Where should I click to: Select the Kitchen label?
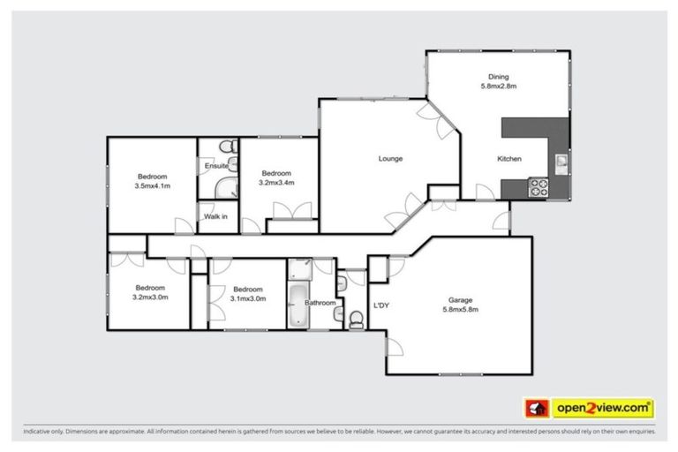click(x=509, y=159)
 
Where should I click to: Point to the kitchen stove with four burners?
click(x=538, y=187)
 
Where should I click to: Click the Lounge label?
click(x=390, y=159)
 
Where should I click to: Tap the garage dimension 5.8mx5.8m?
click(x=460, y=310)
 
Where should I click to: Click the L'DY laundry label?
click(x=381, y=305)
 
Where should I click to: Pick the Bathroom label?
click(x=320, y=303)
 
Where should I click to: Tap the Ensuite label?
click(x=217, y=165)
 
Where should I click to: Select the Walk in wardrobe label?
click(x=215, y=216)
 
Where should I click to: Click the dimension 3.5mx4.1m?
click(x=152, y=186)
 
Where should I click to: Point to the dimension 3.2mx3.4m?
click(x=276, y=183)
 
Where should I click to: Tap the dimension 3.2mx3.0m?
click(x=150, y=298)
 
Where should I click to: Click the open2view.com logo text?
click(x=603, y=408)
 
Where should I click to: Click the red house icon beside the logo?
click(x=535, y=408)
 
